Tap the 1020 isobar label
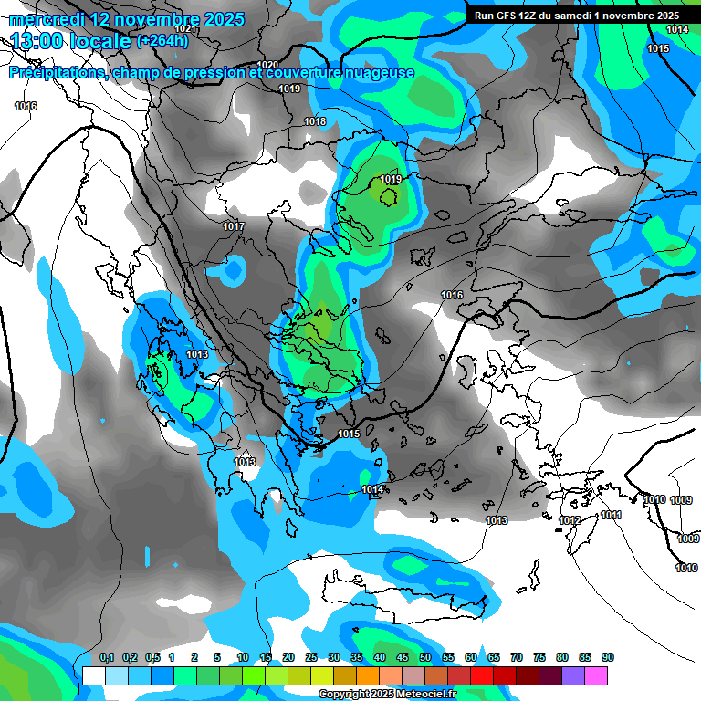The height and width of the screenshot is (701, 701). click(x=267, y=65)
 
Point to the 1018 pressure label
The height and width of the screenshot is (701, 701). click(x=315, y=121)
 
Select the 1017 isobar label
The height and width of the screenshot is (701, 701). click(x=234, y=226)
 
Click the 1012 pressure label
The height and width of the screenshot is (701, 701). click(x=570, y=520)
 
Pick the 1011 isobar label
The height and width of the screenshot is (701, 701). click(x=611, y=516)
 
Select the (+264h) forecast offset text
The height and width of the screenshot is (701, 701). click(x=162, y=40)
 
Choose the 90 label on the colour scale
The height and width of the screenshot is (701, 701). click(x=608, y=658)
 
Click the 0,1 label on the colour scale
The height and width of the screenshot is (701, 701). click(x=107, y=658)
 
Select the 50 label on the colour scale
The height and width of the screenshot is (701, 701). click(x=425, y=658)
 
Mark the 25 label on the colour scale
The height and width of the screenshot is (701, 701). click(x=311, y=658)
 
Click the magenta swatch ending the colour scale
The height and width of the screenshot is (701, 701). click(x=596, y=675)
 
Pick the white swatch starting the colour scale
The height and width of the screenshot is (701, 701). click(x=93, y=675)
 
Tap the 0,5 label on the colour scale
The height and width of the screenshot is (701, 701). click(x=152, y=658)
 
